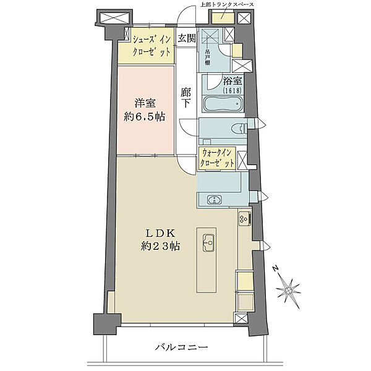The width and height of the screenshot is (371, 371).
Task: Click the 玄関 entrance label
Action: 187,38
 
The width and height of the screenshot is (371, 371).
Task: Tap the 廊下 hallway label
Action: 185,98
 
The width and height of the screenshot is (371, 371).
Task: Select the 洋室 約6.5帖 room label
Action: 145,110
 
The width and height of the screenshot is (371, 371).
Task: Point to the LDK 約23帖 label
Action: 160,240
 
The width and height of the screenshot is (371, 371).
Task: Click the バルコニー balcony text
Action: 181,348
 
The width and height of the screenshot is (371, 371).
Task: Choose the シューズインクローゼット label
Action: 151,46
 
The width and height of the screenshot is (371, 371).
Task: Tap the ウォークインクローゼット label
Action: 217,158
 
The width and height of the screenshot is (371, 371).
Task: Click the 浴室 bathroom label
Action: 232,81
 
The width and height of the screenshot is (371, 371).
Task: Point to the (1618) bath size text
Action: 232,90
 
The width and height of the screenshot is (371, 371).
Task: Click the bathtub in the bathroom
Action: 223,104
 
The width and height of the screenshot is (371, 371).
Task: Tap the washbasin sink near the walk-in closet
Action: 215,200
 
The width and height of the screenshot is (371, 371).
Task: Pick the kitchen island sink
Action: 209,243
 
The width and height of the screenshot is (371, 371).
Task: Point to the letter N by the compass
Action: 275,269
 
